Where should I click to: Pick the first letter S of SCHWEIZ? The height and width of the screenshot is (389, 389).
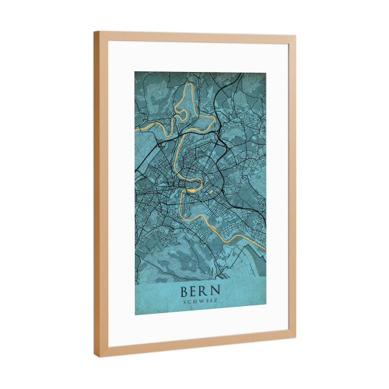pos(185,301)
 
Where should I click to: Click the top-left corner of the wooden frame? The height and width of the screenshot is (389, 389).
pos(94,31)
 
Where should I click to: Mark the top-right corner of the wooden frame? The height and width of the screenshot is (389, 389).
pos(296,37)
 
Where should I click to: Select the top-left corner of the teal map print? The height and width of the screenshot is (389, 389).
pos(135,71)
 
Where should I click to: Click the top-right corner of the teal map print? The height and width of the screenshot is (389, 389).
pos(266,73)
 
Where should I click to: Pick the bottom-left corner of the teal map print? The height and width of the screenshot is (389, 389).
pos(135,315)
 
